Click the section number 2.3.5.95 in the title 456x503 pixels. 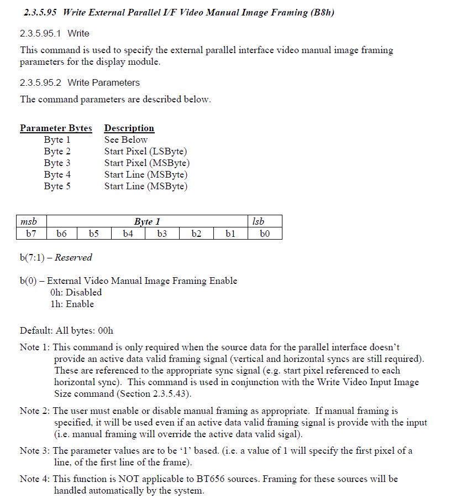pyautogui.click(x=42, y=12)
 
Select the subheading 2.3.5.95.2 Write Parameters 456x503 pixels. pyautogui.click(x=80, y=82)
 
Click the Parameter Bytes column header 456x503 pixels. pyautogui.click(x=56, y=128)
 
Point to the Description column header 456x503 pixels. pyautogui.click(x=129, y=128)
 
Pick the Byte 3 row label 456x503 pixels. pyautogui.click(x=57, y=163)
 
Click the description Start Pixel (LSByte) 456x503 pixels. pyautogui.click(x=145, y=151)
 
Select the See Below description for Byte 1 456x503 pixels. pyautogui.click(x=126, y=139)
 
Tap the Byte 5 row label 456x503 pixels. pyautogui.click(x=57, y=186)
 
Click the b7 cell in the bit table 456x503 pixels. pyautogui.click(x=31, y=234)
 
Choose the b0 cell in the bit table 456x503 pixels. pyautogui.click(x=265, y=234)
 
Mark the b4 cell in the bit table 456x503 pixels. pyautogui.click(x=128, y=234)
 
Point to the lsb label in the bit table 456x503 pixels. pyautogui.click(x=258, y=221)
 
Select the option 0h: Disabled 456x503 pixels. pyautogui.click(x=76, y=292)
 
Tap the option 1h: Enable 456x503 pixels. pyautogui.click(x=72, y=304)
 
